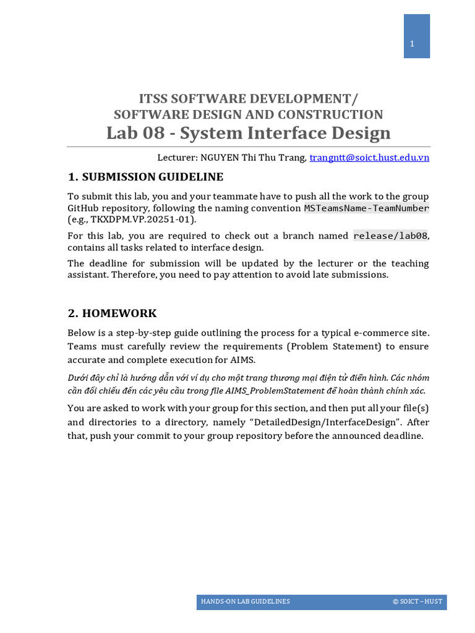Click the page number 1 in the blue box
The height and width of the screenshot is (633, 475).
click(x=411, y=43)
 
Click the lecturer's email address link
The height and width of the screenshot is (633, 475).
click(x=369, y=158)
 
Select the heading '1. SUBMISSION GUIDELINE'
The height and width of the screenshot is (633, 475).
click(x=145, y=177)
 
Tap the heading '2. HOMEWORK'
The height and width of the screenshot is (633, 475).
click(x=112, y=313)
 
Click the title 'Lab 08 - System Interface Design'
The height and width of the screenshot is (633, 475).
click(x=248, y=133)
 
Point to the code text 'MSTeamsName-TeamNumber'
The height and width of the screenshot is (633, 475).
click(x=366, y=208)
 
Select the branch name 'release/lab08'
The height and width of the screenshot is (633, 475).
click(x=390, y=236)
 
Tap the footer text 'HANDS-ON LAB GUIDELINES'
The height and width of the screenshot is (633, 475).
click(x=245, y=601)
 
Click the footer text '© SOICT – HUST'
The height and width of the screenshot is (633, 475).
click(x=417, y=601)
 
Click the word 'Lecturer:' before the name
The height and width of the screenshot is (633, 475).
click(x=178, y=158)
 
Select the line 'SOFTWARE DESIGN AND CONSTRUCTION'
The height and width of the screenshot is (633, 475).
click(x=248, y=114)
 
